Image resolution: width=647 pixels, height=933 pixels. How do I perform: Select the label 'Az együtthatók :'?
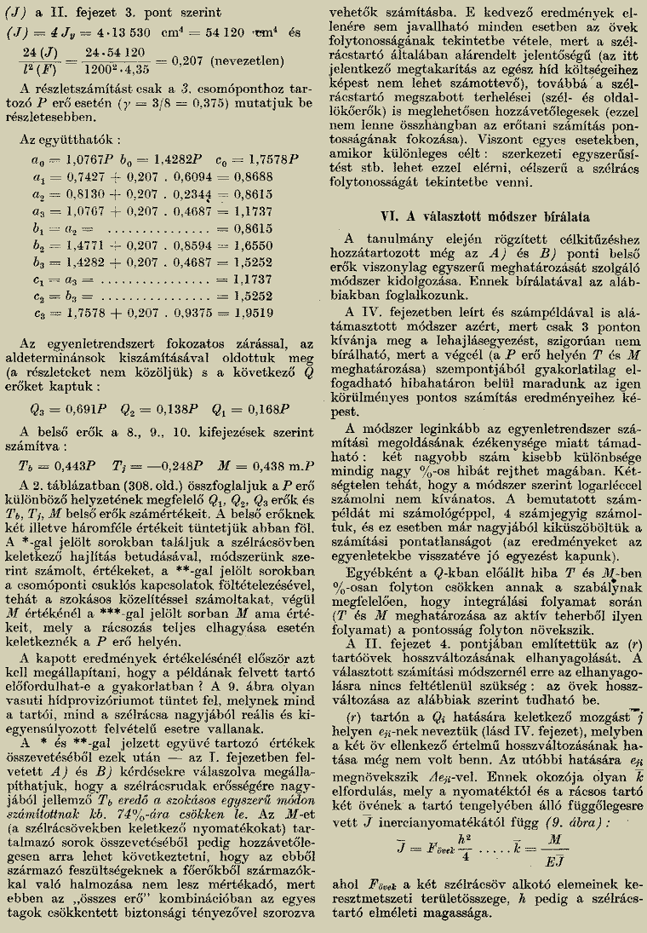click(70, 139)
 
